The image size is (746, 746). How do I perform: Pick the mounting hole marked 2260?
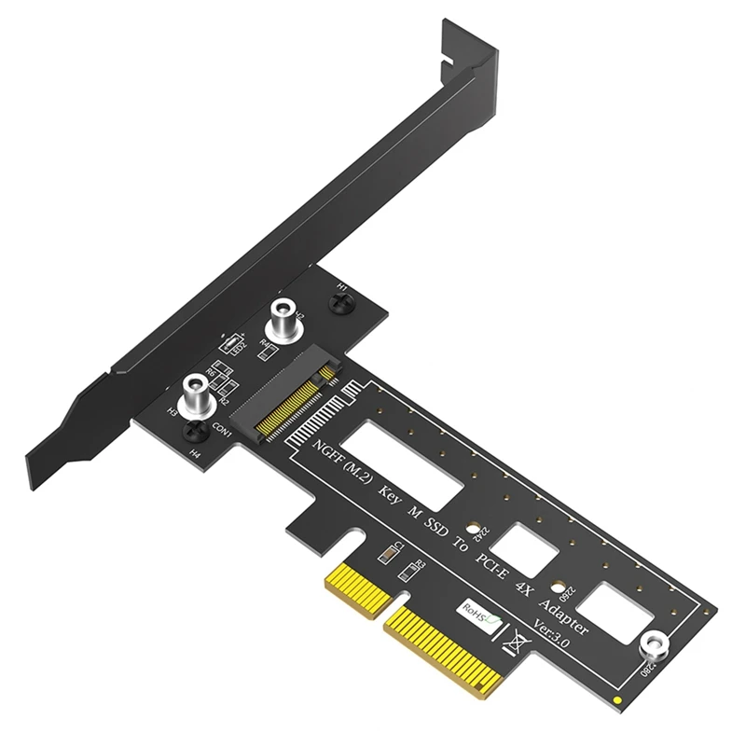coord(558,590)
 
